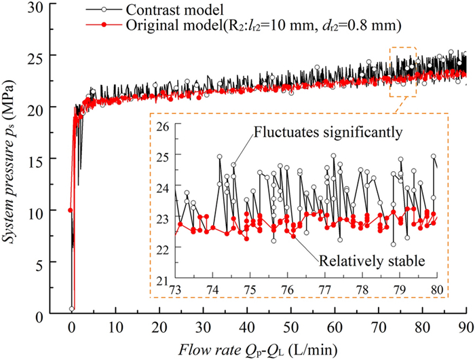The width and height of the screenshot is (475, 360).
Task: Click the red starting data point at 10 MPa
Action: pos(71,211)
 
